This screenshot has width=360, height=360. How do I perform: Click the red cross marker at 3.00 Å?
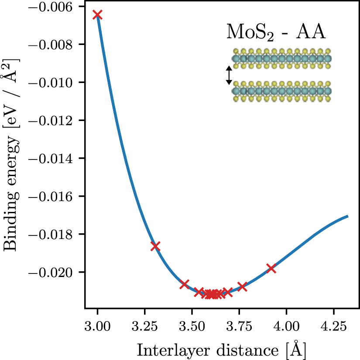click(x=97, y=15)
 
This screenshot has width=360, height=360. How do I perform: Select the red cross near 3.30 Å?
click(x=155, y=246)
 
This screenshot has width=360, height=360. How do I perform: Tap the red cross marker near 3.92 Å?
click(x=271, y=268)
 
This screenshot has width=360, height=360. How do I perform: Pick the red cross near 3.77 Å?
click(x=242, y=287)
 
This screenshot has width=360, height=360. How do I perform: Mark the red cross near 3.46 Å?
click(x=184, y=284)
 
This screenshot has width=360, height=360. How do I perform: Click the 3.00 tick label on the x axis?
click(x=97, y=326)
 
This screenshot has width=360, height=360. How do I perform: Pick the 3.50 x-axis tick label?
click(x=192, y=326)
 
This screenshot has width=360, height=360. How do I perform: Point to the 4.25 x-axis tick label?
click(x=333, y=326)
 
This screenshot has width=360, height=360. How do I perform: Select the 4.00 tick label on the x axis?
click(x=286, y=326)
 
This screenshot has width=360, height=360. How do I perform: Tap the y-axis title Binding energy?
click(x=10, y=157)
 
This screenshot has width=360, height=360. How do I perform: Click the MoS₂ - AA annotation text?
click(x=277, y=33)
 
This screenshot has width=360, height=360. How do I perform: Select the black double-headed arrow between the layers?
click(x=228, y=75)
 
